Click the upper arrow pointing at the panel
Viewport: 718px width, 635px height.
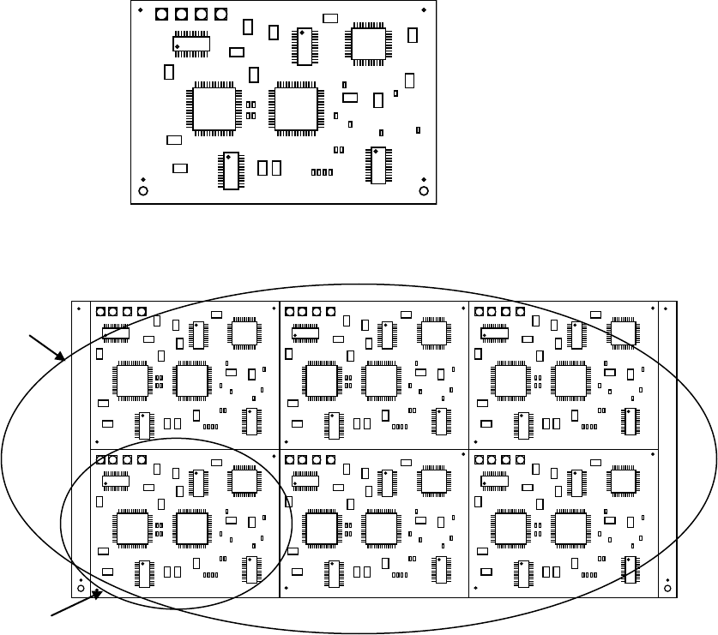click(48, 345)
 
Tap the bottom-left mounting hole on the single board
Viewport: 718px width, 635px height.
click(144, 190)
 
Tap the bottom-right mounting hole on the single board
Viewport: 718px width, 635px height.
click(422, 190)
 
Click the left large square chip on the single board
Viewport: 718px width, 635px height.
click(214, 107)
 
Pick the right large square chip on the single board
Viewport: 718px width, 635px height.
click(294, 107)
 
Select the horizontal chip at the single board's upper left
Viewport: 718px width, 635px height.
click(192, 44)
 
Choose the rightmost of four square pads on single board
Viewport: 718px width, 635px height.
click(220, 15)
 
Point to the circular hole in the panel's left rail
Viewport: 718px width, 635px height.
click(81, 588)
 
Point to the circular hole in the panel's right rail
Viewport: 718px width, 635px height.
click(667, 588)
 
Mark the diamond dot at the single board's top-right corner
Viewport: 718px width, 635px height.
click(425, 10)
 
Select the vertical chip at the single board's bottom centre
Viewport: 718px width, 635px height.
click(230, 171)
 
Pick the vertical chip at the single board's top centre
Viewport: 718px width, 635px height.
click(304, 46)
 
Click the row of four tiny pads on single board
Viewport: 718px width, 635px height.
click(322, 172)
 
